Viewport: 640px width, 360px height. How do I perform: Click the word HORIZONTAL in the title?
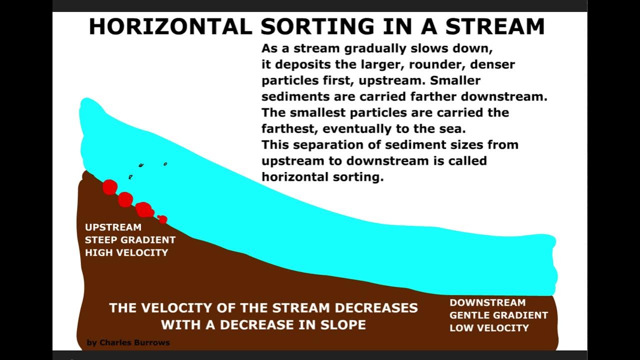(x=170, y=26)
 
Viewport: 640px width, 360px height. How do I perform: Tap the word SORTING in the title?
(x=317, y=26)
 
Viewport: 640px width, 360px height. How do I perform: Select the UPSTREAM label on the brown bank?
(x=113, y=227)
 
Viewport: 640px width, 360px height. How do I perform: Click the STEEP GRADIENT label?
(x=130, y=240)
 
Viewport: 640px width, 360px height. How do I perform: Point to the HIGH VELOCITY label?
(x=126, y=252)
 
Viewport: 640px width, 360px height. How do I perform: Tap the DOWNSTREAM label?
(x=487, y=302)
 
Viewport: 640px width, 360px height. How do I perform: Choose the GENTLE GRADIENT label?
(x=498, y=315)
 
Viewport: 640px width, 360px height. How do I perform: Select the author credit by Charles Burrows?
(x=128, y=342)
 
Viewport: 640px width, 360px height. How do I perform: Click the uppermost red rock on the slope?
(x=110, y=187)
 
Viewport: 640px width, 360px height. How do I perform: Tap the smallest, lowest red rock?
(x=162, y=219)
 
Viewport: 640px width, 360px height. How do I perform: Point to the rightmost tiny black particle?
(x=165, y=164)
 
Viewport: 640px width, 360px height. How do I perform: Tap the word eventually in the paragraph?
(x=353, y=128)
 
